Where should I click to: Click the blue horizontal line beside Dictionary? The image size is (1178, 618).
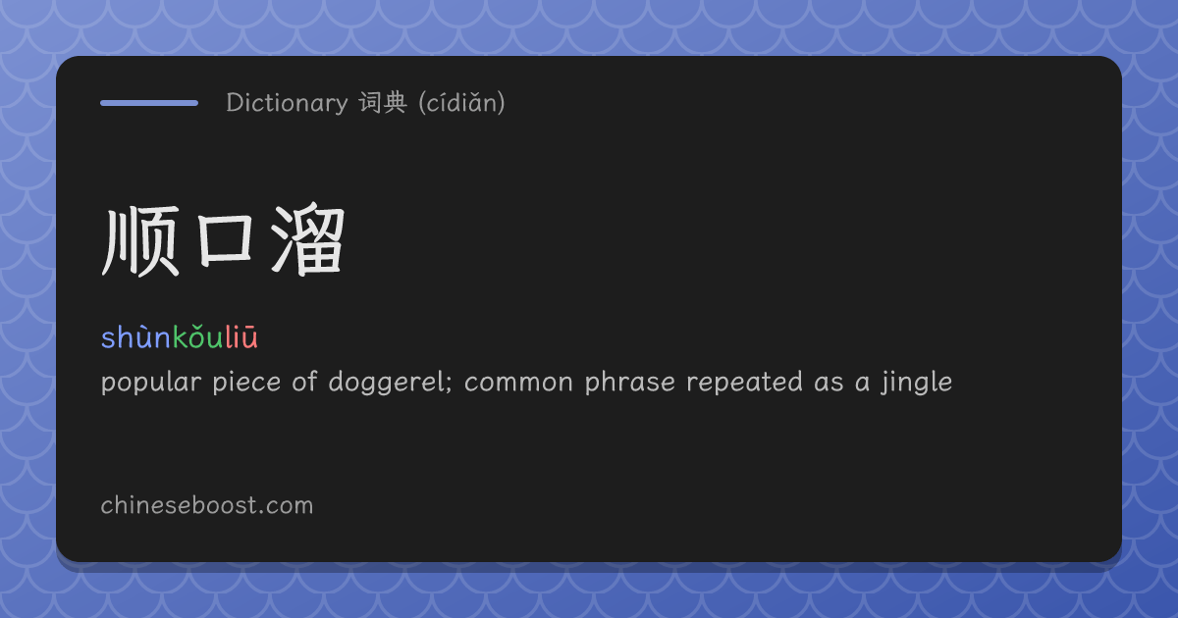click(149, 103)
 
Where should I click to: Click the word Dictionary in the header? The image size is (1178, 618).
click(287, 102)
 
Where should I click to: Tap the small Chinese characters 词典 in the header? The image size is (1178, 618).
click(383, 102)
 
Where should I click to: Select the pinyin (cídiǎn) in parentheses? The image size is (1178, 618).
click(461, 102)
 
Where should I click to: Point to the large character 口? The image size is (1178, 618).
click(225, 240)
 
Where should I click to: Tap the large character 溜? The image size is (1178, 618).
click(307, 239)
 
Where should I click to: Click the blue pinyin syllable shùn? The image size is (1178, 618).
click(136, 336)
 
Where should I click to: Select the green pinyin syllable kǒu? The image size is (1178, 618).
click(197, 336)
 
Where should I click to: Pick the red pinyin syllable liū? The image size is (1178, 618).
click(241, 336)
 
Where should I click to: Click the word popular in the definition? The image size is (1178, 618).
click(151, 382)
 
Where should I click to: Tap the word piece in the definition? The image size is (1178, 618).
click(246, 382)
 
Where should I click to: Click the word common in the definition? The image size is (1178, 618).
click(518, 383)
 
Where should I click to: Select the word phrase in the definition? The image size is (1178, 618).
click(629, 382)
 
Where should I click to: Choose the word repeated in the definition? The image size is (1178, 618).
click(744, 382)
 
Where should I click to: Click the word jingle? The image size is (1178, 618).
click(917, 382)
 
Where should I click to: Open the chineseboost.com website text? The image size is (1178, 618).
click(207, 505)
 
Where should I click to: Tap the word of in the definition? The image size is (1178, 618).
click(305, 382)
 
